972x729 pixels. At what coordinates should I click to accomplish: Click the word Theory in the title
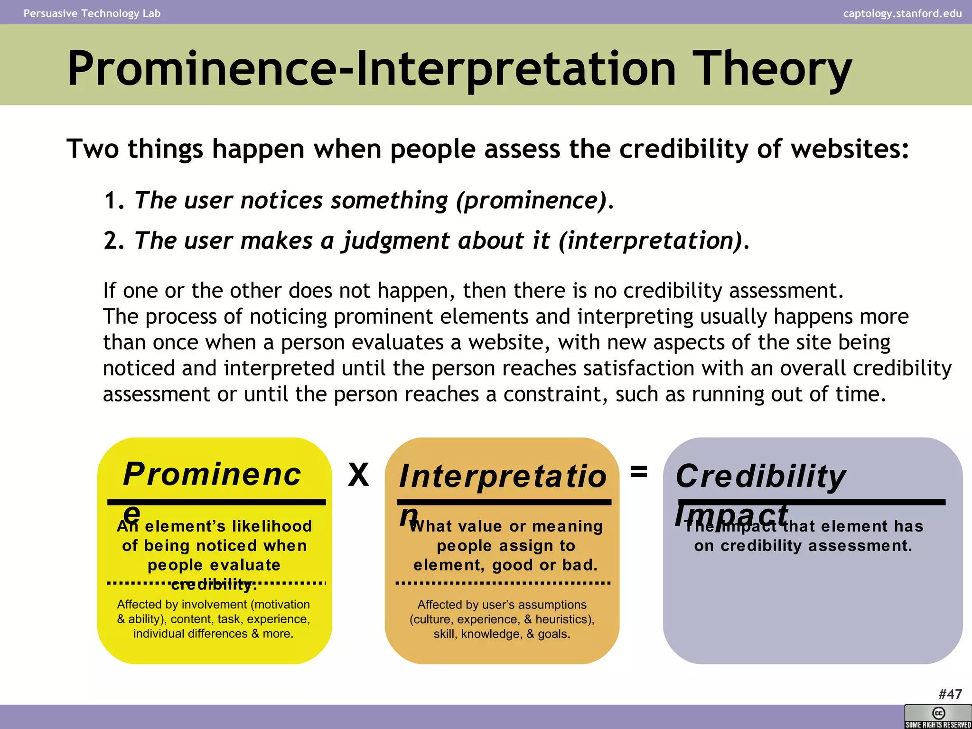[x=771, y=69]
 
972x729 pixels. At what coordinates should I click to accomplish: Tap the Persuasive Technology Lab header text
[x=92, y=13]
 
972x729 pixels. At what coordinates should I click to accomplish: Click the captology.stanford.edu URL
[x=902, y=13]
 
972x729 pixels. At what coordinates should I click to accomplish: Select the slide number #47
[x=950, y=694]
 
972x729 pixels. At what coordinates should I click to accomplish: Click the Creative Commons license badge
[x=938, y=717]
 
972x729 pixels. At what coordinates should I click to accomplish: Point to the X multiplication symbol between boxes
[x=358, y=475]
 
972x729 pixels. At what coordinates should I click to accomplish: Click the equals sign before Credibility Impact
[x=638, y=472]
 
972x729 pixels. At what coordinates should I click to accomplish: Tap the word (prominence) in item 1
[x=532, y=200]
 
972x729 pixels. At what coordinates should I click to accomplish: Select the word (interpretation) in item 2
[x=650, y=241]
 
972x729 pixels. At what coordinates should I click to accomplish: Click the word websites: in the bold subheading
[x=850, y=149]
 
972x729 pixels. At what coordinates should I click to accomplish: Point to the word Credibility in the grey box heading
[x=760, y=476]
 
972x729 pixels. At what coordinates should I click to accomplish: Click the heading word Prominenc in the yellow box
[x=212, y=474]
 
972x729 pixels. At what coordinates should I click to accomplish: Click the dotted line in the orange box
[x=503, y=583]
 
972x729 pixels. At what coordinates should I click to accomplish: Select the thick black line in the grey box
[x=812, y=502]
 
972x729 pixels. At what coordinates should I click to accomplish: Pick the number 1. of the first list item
[x=114, y=201]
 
